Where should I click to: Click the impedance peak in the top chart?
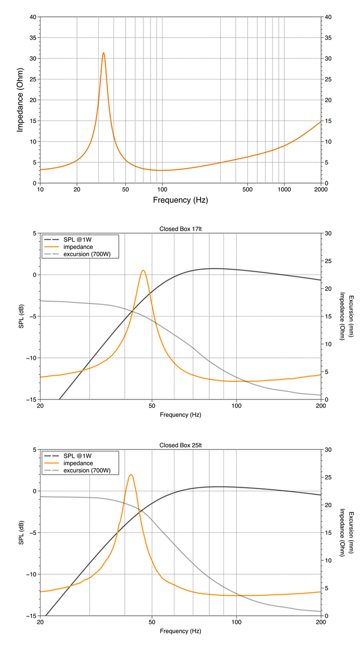point(103,53)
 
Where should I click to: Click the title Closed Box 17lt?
point(181,229)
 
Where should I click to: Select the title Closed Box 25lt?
point(181,445)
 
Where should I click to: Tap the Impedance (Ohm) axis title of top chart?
point(20,100)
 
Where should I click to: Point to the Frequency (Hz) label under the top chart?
point(181,200)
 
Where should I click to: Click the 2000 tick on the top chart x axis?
point(320,189)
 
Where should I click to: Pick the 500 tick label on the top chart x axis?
point(248,189)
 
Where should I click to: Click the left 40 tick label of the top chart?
point(33,17)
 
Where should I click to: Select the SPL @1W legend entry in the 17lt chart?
point(68,240)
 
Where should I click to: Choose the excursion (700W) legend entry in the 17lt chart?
point(77,254)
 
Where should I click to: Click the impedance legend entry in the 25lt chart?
point(69,463)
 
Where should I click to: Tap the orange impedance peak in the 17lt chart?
point(143,271)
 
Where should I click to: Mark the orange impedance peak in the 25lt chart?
point(131,475)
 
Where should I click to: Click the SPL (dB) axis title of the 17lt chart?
point(21,316)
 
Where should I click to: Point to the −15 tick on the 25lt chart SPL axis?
point(31,616)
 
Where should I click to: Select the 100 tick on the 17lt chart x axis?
point(236,406)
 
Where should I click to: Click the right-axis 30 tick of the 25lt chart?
point(328,450)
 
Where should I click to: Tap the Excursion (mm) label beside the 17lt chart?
point(351,316)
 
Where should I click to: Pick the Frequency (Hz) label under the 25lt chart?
point(181,631)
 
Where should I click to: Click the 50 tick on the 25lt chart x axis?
point(152,623)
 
